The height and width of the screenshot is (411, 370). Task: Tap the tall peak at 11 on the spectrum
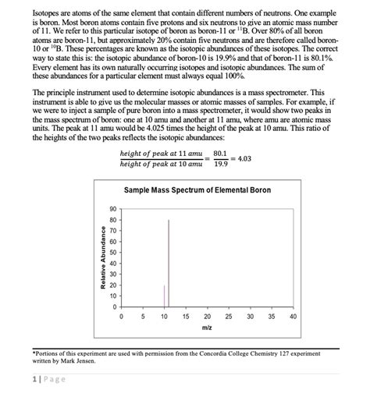[169, 257]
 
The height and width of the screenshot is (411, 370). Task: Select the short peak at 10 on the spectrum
[164, 296]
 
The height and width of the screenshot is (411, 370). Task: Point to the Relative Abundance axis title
[102, 259]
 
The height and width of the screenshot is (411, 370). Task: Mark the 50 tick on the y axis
[112, 253]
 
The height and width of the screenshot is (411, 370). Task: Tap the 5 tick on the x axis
[143, 317]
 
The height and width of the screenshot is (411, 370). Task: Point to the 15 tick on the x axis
[186, 317]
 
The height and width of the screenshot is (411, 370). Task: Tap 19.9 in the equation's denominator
[220, 165]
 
